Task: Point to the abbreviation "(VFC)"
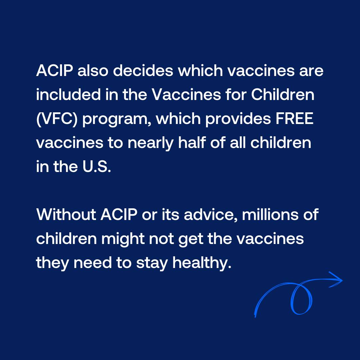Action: tap(57, 119)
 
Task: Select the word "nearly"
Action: tap(150, 143)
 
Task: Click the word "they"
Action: tap(53, 263)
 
